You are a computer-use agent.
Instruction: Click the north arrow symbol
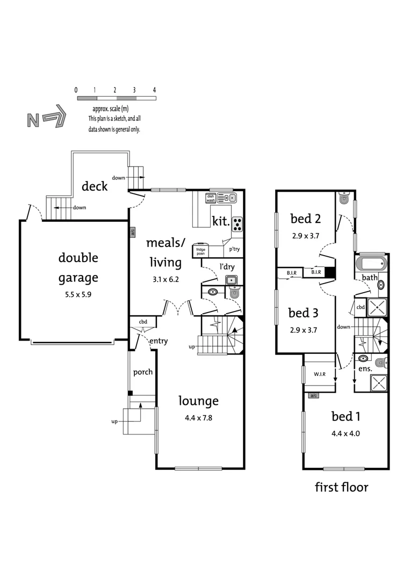pyautogui.click(x=46, y=119)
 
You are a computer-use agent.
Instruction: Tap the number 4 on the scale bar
pyautogui.click(x=154, y=90)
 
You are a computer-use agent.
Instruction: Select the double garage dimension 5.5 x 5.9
pyautogui.click(x=78, y=294)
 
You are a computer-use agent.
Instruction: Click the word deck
pyautogui.click(x=95, y=186)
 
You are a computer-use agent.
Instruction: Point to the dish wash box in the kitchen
pyautogui.click(x=211, y=198)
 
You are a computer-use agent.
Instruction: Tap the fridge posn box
pyautogui.click(x=201, y=251)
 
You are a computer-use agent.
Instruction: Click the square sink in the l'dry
pyautogui.click(x=231, y=280)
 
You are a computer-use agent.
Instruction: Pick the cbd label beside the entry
pyautogui.click(x=143, y=322)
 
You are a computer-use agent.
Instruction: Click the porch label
pyautogui.click(x=142, y=372)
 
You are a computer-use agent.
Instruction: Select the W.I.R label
pyautogui.click(x=313, y=374)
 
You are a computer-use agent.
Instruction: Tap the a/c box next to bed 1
pyautogui.click(x=313, y=396)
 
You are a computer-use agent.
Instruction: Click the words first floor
pyautogui.click(x=341, y=487)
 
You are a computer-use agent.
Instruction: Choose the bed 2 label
pyautogui.click(x=305, y=218)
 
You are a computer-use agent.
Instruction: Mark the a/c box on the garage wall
pyautogui.click(x=132, y=232)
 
